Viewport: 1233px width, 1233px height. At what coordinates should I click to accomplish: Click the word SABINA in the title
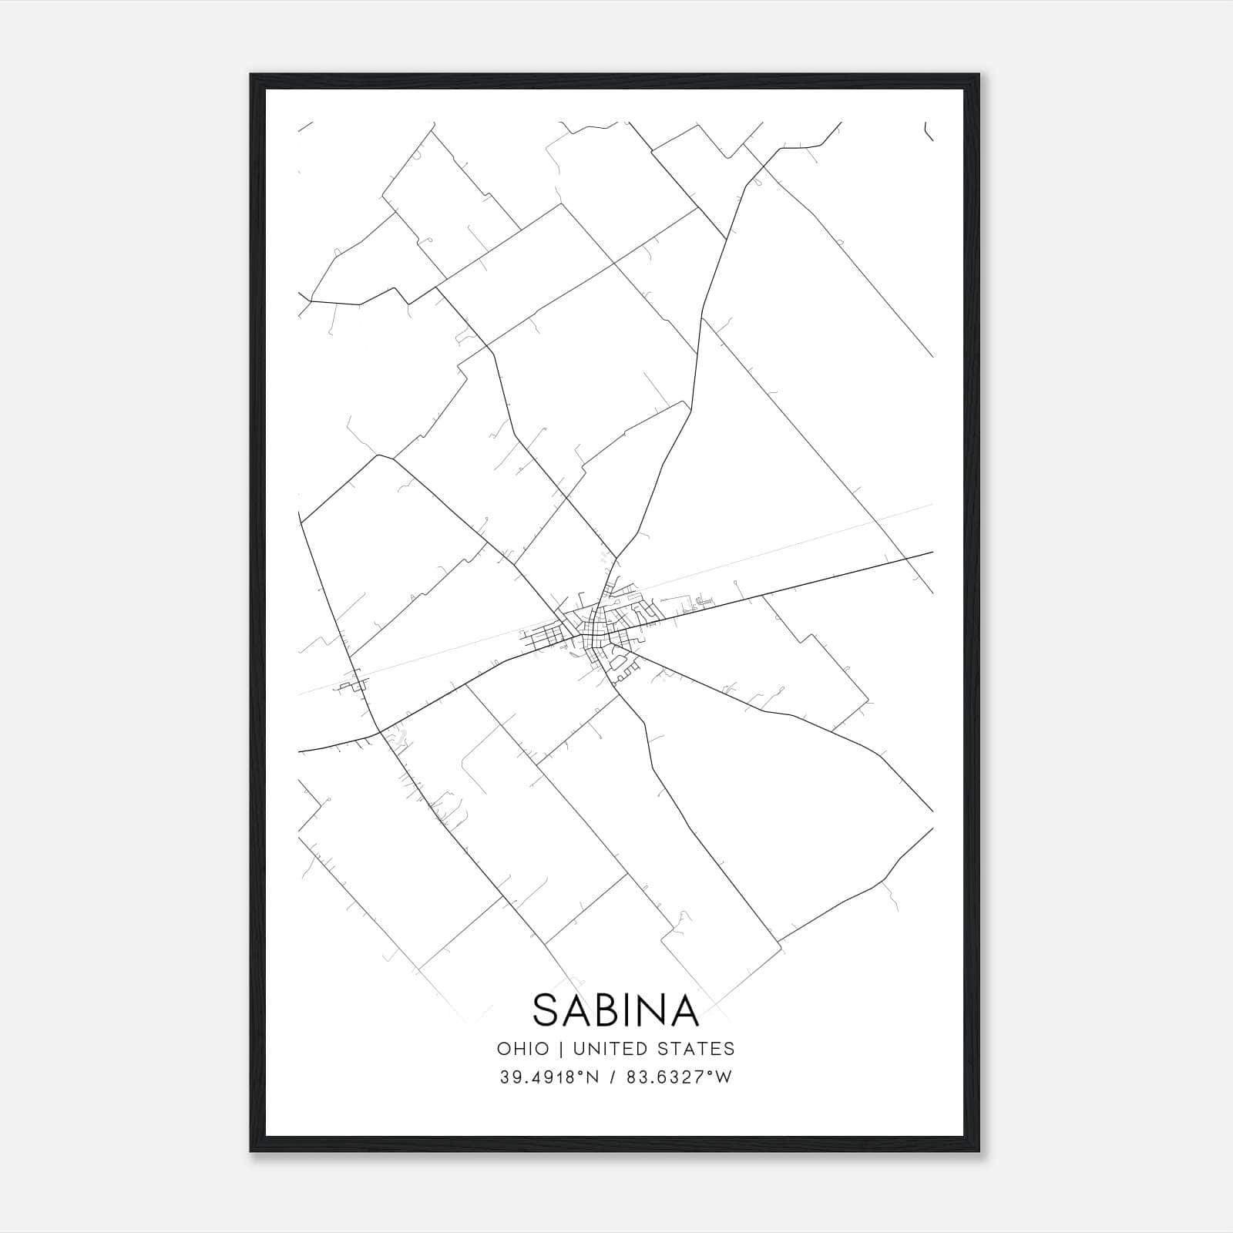[616, 1010]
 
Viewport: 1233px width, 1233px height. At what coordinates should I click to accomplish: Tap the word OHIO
[523, 1049]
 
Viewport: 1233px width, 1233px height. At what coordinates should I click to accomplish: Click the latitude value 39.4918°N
[549, 1077]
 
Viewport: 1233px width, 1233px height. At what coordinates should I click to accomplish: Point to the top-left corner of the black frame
[251, 75]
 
